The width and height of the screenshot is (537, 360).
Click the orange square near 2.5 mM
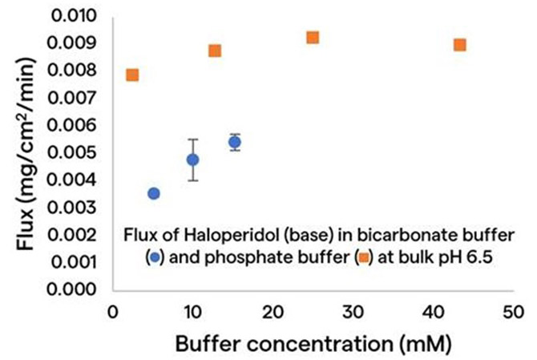coord(132,75)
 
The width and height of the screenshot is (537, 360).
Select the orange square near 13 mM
coord(215,51)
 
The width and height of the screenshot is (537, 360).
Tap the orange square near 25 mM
coord(313,38)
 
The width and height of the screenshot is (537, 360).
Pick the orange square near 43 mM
coord(460,45)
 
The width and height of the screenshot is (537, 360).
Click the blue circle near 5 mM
coord(154,193)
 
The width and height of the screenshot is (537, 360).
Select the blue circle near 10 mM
coord(193,160)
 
